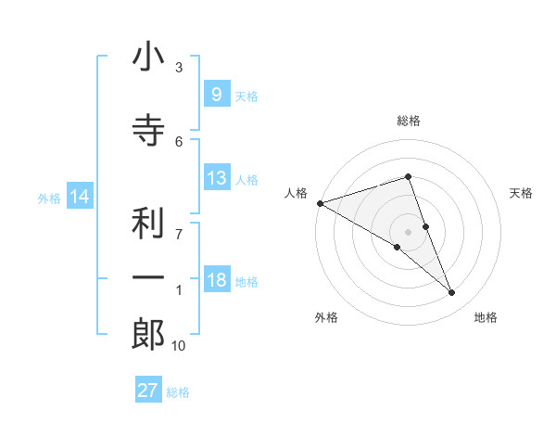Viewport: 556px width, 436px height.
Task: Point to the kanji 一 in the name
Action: tap(147, 278)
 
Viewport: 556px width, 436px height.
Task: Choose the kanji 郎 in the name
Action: tap(147, 334)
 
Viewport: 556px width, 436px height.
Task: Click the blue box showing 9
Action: tap(216, 94)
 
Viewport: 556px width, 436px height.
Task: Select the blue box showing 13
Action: tap(216, 178)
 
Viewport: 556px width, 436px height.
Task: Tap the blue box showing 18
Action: tap(216, 281)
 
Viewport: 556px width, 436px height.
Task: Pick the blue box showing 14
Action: tap(80, 197)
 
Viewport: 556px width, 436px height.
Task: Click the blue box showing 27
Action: tap(148, 391)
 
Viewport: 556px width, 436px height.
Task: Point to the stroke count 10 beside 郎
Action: tap(180, 346)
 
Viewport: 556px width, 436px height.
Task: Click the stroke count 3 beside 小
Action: tap(179, 68)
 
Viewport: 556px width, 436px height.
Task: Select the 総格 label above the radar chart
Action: tap(409, 121)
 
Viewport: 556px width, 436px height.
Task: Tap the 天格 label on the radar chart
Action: tap(522, 193)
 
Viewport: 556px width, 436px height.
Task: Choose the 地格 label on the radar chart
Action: tap(486, 317)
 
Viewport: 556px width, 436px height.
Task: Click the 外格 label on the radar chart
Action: tap(326, 317)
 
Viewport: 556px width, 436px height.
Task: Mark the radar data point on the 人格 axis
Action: tap(320, 203)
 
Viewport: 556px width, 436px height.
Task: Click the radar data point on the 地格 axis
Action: tap(452, 293)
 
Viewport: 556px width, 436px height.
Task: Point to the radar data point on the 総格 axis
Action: tap(409, 176)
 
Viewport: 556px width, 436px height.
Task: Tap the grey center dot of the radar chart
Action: tap(409, 232)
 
